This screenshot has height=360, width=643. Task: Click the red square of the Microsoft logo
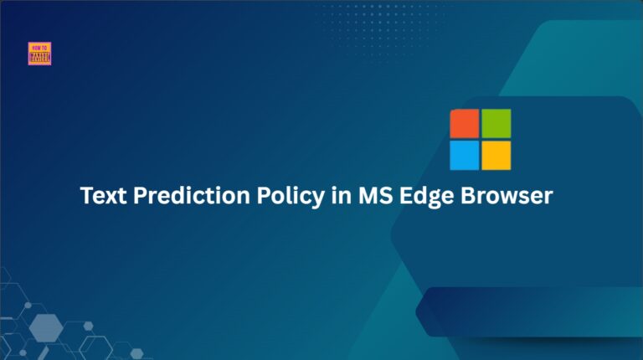pos(465,123)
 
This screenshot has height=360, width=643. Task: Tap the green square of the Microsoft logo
pos(496,123)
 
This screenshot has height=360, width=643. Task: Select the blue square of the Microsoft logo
pos(465,155)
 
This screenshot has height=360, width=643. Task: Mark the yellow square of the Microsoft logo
pos(496,155)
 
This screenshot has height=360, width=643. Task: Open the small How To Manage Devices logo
pos(39,54)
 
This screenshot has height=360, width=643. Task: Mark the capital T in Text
pos(86,196)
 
